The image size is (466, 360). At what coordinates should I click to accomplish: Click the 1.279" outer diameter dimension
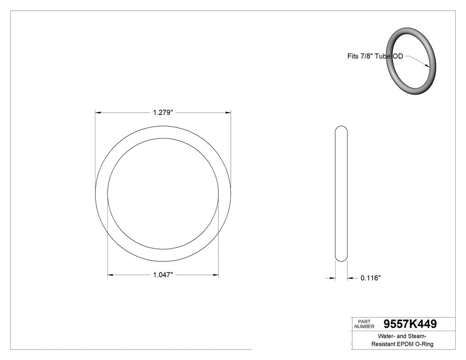(x=162, y=113)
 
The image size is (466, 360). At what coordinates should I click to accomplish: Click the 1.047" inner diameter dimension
(x=162, y=275)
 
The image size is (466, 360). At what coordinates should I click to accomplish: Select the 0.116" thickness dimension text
(x=370, y=278)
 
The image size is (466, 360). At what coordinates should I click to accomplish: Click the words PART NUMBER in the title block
(x=364, y=324)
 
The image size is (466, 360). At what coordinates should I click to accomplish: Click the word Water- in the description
(x=388, y=336)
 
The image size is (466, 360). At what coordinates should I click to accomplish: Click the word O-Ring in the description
(x=424, y=344)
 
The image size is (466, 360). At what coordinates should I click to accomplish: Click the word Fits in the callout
(x=353, y=56)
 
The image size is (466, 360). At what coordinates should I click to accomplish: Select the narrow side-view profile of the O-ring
(x=341, y=194)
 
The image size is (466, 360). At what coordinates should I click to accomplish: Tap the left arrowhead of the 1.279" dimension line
(x=99, y=113)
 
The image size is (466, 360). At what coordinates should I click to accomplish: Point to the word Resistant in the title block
(x=383, y=344)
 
